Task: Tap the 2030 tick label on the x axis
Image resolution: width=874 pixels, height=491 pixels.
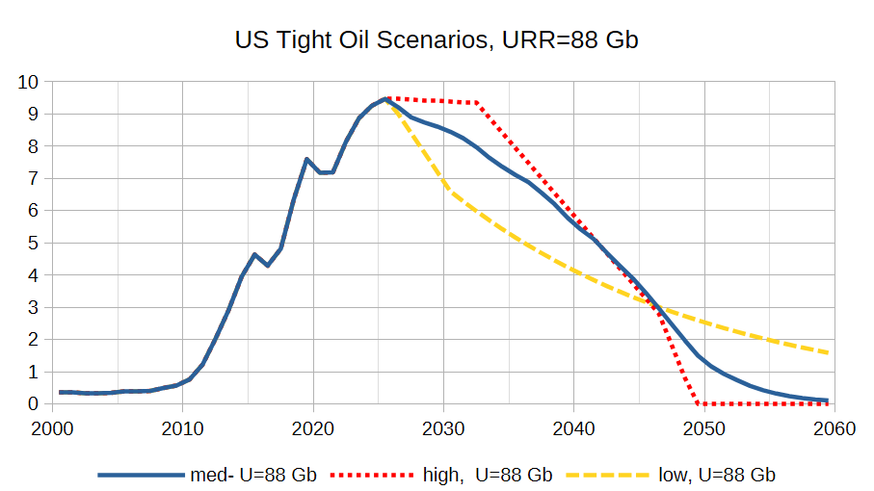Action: coord(443,428)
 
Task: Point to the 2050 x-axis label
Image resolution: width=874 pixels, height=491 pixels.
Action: coord(704,428)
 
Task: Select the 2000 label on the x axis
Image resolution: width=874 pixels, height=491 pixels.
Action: coord(52,428)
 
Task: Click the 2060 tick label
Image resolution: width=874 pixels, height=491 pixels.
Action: coord(834,428)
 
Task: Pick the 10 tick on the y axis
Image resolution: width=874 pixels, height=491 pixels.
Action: coord(29,83)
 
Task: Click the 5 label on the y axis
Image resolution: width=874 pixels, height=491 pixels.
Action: coord(34,244)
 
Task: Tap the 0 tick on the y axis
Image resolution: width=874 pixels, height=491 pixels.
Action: coord(34,404)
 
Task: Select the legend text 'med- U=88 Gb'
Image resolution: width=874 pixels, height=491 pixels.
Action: coord(253,475)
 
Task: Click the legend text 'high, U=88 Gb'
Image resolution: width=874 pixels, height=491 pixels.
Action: coord(488,475)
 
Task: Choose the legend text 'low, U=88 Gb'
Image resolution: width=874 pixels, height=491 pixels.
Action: coord(717,475)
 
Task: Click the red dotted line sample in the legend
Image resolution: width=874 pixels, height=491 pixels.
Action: coord(372,476)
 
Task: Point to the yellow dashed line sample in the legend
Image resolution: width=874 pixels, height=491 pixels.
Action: coord(608,476)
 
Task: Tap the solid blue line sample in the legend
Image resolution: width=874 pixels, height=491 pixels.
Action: coord(141,476)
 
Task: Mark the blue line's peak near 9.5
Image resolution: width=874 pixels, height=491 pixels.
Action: coord(385,99)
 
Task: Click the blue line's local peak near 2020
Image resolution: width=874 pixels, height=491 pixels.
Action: coord(307,159)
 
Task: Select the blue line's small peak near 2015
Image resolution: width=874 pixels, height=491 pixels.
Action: coord(254,254)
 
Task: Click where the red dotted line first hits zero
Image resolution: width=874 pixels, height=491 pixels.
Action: coord(698,403)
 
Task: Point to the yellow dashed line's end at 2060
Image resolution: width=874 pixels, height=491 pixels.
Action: coord(828,352)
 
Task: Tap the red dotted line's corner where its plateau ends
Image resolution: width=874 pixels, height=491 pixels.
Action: coord(477,103)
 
